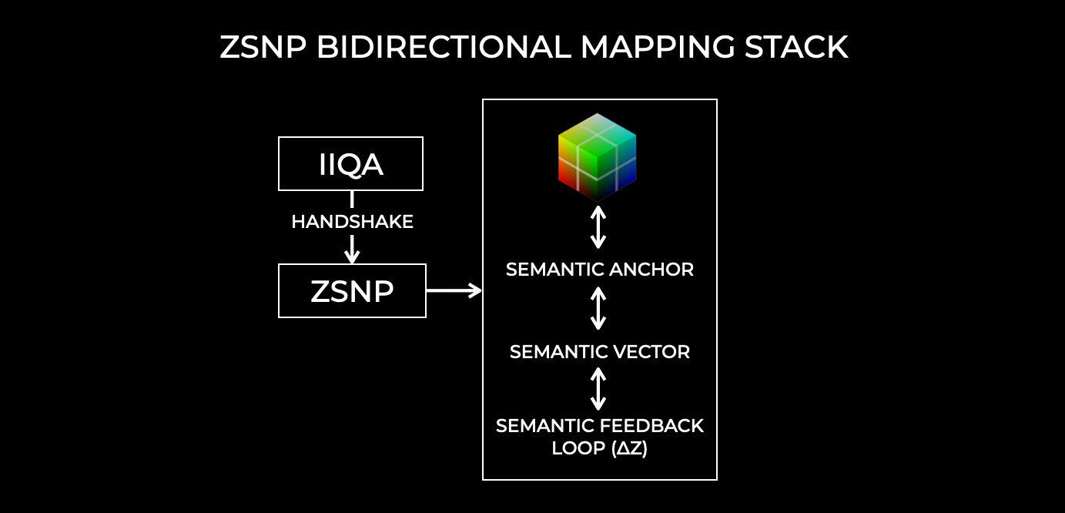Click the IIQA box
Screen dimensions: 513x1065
tap(350, 163)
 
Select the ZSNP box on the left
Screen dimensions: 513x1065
tap(352, 291)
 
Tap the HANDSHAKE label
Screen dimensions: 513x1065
tap(352, 223)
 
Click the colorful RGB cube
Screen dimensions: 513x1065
tap(598, 157)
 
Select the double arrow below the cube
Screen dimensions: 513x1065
tap(598, 226)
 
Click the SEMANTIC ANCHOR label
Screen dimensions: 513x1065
tap(600, 270)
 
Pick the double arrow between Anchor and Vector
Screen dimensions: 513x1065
tap(598, 310)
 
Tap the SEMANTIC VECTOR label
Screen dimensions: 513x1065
tap(600, 352)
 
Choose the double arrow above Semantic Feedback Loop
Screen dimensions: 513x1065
tap(598, 389)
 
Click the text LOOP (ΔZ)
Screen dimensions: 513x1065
tap(600, 448)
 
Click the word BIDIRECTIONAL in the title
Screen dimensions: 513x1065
tap(444, 48)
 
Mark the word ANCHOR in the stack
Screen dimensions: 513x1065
tap(651, 270)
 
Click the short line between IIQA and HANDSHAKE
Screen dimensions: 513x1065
tap(352, 199)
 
